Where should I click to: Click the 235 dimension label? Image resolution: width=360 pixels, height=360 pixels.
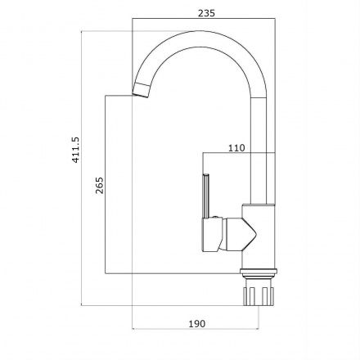tap(206, 13)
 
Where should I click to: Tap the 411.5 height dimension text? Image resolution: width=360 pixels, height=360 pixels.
tap(75, 150)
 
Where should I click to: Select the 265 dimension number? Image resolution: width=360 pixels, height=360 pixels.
tap(100, 185)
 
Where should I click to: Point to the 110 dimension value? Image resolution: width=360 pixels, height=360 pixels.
tap(236, 148)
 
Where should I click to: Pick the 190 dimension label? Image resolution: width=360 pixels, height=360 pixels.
tap(197, 324)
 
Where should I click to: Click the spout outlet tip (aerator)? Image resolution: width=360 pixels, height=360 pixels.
tap(142, 89)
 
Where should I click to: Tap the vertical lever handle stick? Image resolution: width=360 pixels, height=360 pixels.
tap(206, 196)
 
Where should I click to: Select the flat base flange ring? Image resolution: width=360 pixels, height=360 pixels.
tap(259, 271)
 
